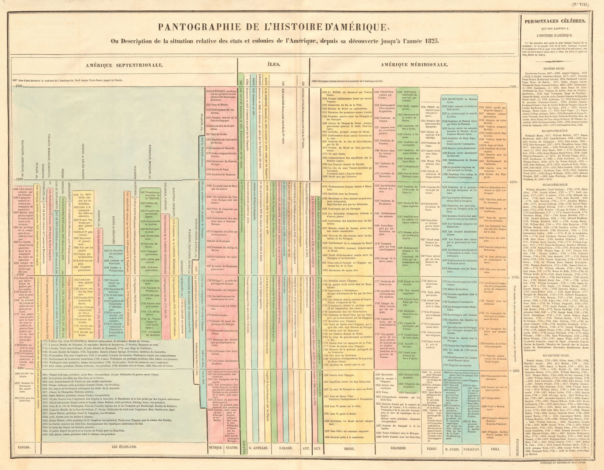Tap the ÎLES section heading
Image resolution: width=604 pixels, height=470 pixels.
274,64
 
